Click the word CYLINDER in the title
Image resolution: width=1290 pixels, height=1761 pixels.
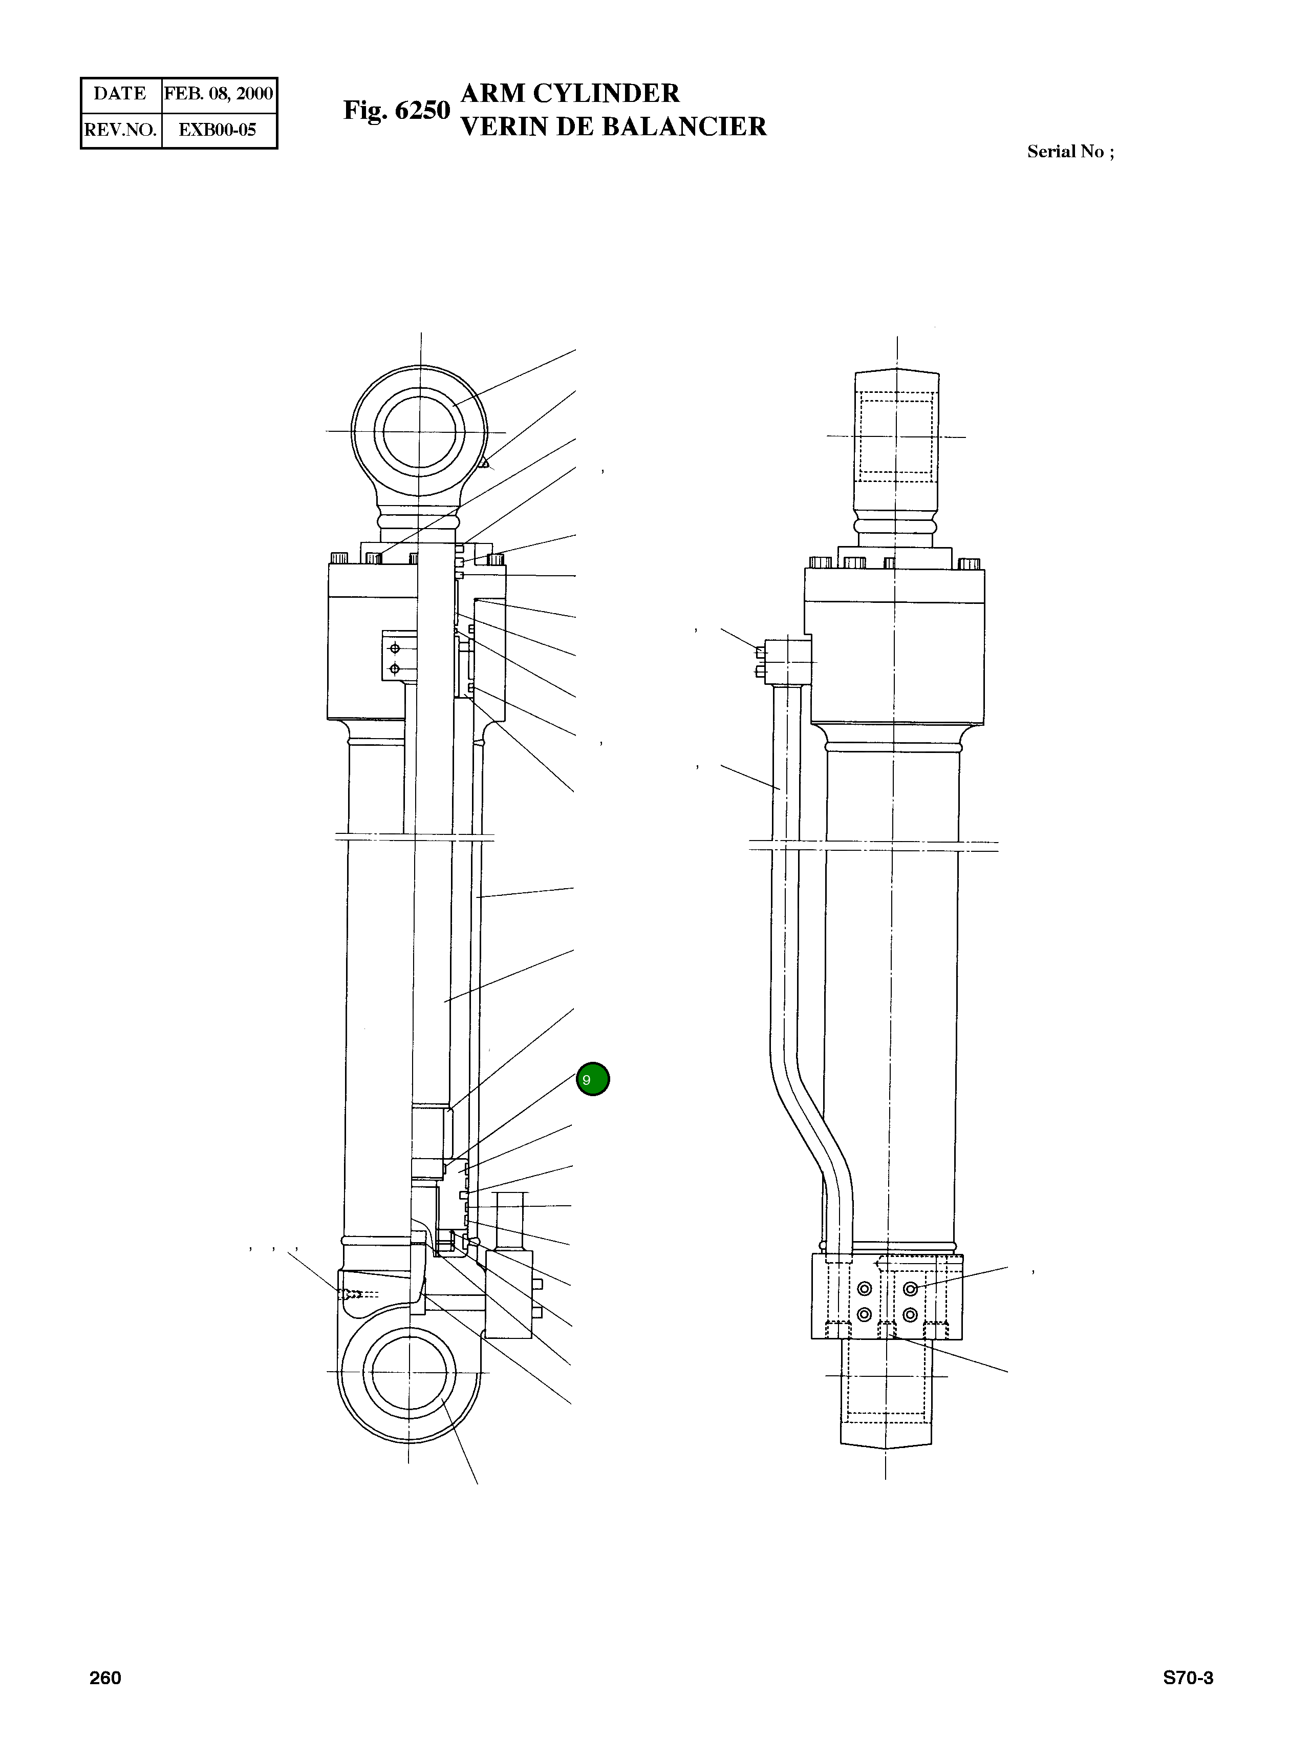pos(606,94)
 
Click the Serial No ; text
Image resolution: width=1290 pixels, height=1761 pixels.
pos(1070,152)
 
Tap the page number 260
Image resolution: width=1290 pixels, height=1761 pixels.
pos(105,1678)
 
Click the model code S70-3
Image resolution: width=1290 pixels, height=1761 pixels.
pos(1188,1678)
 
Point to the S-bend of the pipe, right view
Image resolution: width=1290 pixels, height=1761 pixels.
pos(812,1125)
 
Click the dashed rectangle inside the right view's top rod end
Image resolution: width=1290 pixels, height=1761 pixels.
pos(896,437)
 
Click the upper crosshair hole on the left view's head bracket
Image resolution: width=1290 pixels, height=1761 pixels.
pos(394,647)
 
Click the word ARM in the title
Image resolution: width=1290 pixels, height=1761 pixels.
pos(493,94)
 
